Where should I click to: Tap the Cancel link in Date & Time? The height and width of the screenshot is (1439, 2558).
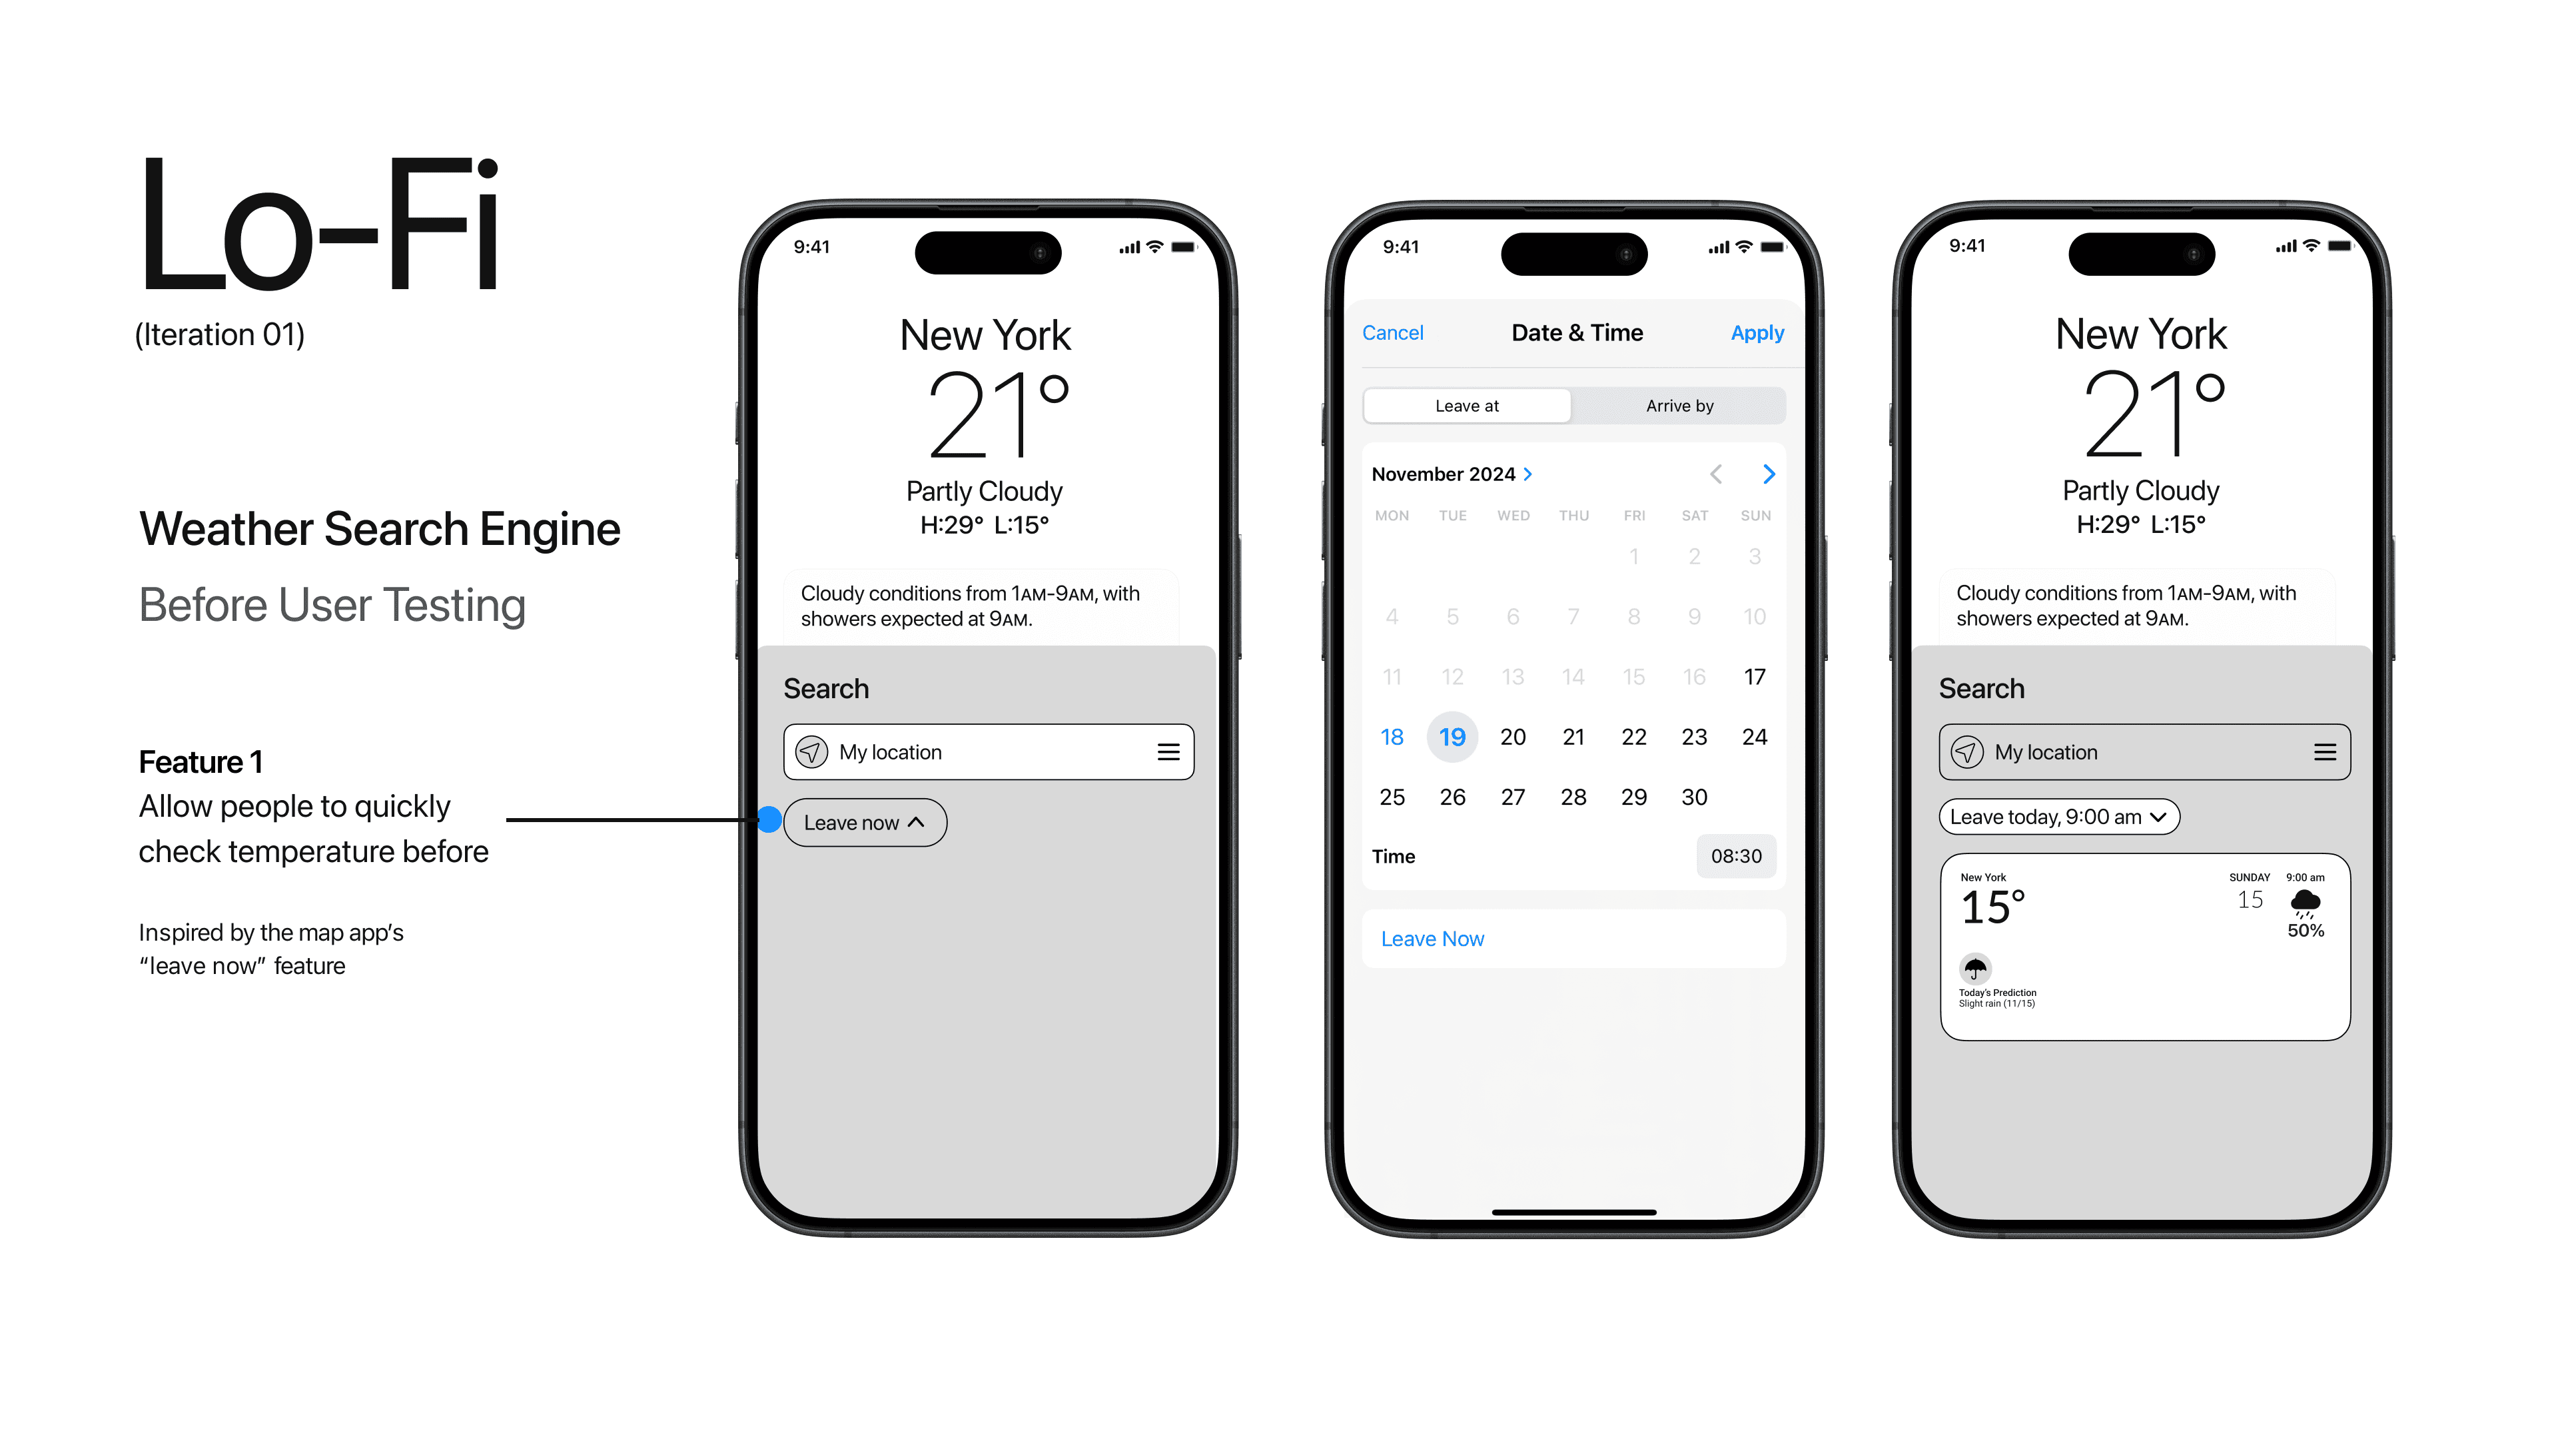tap(1392, 332)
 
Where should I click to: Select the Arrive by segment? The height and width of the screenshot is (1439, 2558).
tap(1679, 405)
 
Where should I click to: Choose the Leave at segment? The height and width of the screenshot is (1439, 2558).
tap(1467, 405)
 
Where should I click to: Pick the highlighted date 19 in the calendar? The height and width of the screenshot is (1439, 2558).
tap(1452, 737)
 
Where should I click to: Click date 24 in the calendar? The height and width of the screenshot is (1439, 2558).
tap(1755, 737)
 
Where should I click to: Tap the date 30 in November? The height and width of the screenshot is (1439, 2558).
tap(1694, 797)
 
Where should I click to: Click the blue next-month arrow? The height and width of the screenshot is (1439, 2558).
tap(1769, 474)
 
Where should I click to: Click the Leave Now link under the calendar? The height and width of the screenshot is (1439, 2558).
tap(1432, 939)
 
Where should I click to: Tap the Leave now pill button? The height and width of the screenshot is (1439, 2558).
tap(865, 822)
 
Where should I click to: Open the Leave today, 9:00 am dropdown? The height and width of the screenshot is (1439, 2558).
tap(2058, 816)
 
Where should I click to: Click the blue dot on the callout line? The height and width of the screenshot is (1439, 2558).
tap(769, 819)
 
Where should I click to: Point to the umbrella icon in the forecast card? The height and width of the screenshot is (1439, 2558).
tap(1975, 967)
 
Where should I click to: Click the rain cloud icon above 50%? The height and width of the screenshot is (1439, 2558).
tap(2305, 903)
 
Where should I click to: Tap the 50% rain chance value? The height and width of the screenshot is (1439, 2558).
tap(2306, 931)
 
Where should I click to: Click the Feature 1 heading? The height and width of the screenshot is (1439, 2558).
tap(201, 761)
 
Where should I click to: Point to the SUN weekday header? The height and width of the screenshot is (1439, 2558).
tap(1755, 516)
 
